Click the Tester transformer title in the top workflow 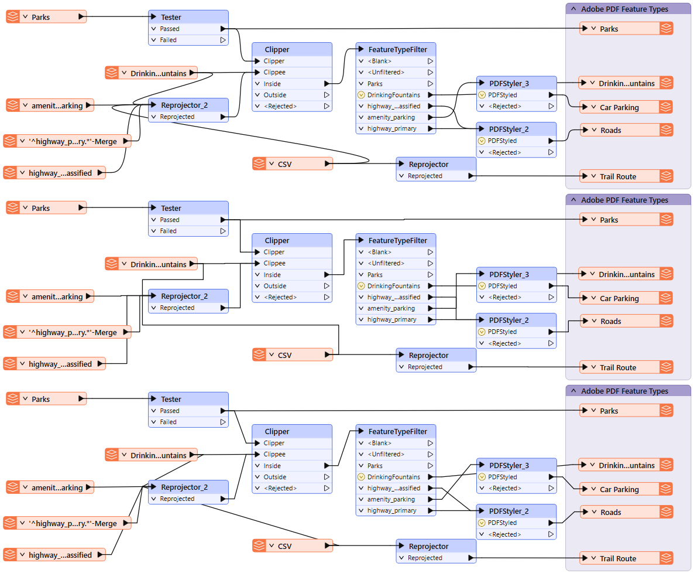click(171, 17)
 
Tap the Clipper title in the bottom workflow click(277, 431)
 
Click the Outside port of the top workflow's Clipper click(275, 95)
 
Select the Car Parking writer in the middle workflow click(619, 298)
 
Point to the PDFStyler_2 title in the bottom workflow click(509, 511)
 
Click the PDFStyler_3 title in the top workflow click(509, 83)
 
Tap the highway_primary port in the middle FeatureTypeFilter click(392, 319)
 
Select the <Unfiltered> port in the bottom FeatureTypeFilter click(387, 454)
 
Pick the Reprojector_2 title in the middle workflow click(184, 296)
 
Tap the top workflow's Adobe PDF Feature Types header click(624, 9)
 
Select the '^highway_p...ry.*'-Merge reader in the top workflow click(73, 141)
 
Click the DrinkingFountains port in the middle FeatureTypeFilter click(393, 286)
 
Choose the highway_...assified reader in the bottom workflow click(60, 555)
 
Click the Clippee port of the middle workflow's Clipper click(274, 263)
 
